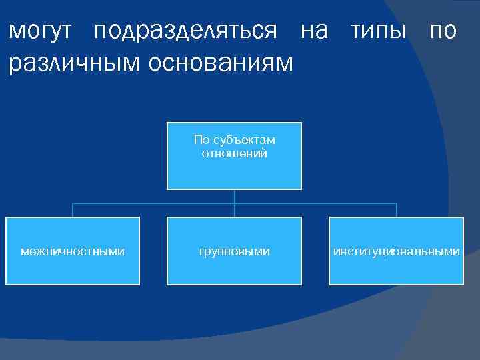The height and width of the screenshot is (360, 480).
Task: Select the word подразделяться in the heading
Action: (186, 31)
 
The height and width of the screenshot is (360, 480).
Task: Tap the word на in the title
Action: (314, 31)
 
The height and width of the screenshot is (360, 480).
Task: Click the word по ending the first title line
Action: (443, 31)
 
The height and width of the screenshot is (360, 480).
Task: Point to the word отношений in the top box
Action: (234, 153)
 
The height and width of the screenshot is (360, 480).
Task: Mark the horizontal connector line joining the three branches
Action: (153, 203)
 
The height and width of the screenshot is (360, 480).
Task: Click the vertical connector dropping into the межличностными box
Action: (73, 210)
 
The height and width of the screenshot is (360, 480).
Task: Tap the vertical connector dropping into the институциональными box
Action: (397, 210)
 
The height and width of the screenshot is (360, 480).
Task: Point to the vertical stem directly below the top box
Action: (235, 195)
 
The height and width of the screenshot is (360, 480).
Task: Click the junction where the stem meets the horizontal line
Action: (235, 203)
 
